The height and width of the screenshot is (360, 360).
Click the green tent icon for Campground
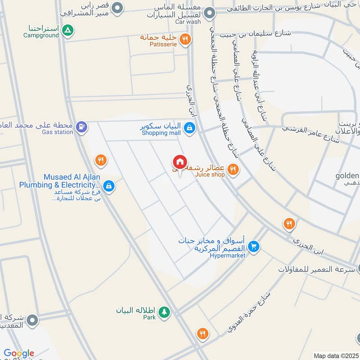pyautogui.click(x=67, y=31)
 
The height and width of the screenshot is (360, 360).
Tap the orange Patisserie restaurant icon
pyautogui.click(x=184, y=40)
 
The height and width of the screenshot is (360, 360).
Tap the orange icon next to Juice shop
pyautogui.click(x=233, y=169)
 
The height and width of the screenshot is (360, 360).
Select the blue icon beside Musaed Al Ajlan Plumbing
pyautogui.click(x=108, y=185)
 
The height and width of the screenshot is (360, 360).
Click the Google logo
pyautogui.click(x=19, y=353)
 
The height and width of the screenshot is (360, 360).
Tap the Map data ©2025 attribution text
pyautogui.click(x=336, y=355)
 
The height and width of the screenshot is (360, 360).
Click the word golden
pyautogui.click(x=347, y=175)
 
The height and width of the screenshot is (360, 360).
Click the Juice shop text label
pyautogui.click(x=210, y=175)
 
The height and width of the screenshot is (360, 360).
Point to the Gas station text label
pyautogui.click(x=57, y=132)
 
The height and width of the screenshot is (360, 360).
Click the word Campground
pyautogui.click(x=41, y=35)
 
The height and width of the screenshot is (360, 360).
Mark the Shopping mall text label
pyautogui.click(x=161, y=133)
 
